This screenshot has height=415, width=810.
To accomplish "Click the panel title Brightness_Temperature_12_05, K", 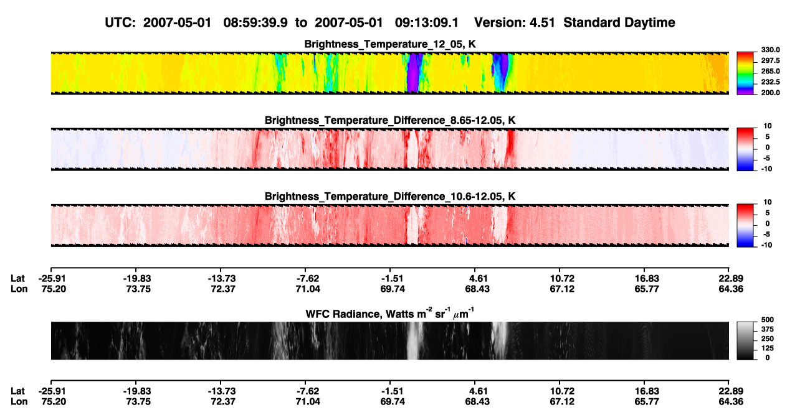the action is coord(390,44).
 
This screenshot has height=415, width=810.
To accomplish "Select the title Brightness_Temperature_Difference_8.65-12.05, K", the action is coord(390,120).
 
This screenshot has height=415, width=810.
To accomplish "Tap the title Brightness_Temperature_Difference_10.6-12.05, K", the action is coord(390,197).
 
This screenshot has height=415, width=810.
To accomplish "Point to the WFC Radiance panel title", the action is coord(390,313).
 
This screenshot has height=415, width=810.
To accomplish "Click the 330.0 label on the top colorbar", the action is coord(770,50).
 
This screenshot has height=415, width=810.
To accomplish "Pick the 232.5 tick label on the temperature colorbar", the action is coord(770,82).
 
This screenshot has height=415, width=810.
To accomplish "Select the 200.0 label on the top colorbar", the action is coord(770,93).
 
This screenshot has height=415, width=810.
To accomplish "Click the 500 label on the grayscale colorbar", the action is coord(768,320).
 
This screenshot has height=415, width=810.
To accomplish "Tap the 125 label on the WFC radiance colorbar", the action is coord(768,348).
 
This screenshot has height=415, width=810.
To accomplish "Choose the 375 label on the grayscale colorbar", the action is coord(768,329).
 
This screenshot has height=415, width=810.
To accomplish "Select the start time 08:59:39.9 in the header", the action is coord(255,23).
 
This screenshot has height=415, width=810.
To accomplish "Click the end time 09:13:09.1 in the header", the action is coord(427,23).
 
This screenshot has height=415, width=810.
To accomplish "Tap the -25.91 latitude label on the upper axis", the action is coord(52,279).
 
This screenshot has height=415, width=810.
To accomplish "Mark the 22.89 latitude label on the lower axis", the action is coord(731,391).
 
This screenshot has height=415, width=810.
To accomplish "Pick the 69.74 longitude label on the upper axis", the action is coord(393,289).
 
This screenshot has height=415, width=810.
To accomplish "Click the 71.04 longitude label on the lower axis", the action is coord(308,402).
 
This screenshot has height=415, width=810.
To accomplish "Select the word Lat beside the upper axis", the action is coord(17,279).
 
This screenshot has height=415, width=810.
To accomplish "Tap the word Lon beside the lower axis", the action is coord(19,402).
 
